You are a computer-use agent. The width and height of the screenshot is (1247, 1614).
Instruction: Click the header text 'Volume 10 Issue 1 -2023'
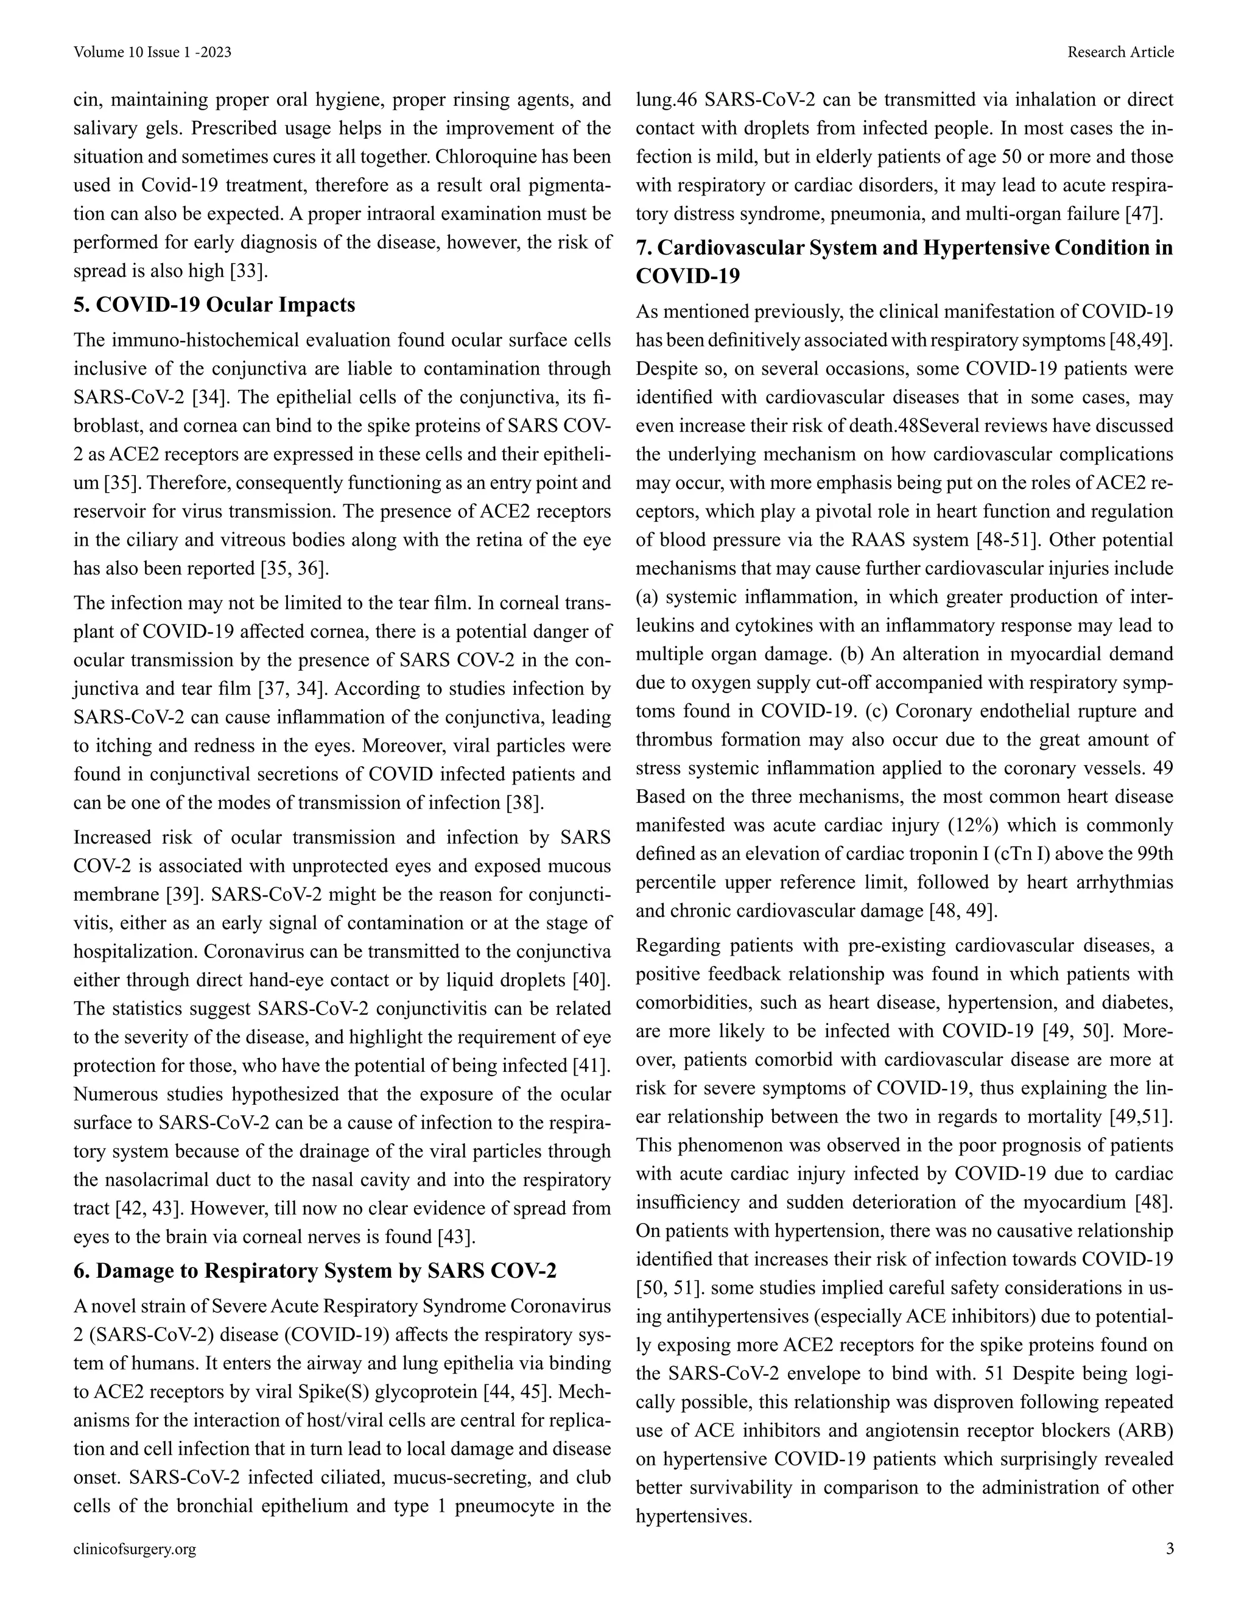tap(153, 52)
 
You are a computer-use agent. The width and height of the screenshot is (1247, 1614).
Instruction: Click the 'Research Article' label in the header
tap(1120, 52)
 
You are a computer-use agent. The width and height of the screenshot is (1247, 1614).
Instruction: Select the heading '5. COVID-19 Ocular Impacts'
tap(214, 305)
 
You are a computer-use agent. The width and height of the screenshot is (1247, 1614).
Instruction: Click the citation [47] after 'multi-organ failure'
tap(1143, 214)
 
